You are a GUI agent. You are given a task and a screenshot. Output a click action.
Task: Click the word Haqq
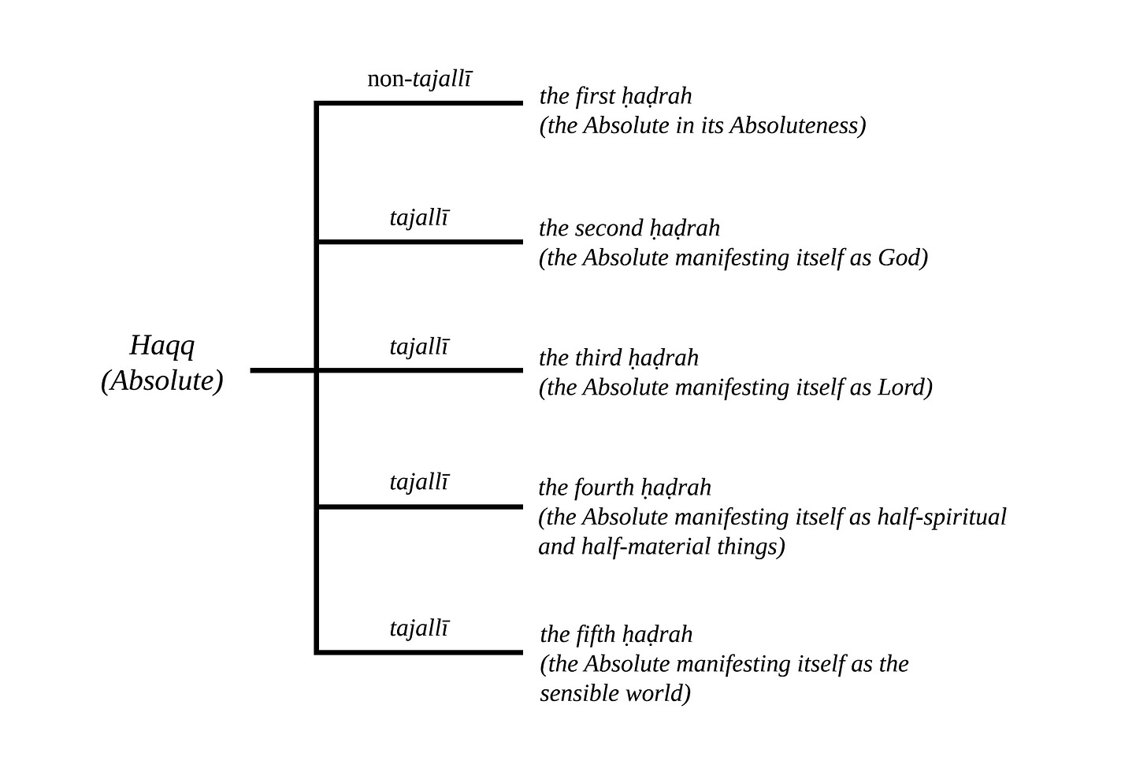click(161, 346)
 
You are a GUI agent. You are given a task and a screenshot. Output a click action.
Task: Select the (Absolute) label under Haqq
click(162, 380)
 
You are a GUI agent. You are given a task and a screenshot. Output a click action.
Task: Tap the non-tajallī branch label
click(420, 79)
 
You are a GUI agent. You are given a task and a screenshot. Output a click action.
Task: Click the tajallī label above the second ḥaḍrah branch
click(419, 217)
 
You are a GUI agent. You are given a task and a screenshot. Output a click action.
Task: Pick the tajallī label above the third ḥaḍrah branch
click(419, 347)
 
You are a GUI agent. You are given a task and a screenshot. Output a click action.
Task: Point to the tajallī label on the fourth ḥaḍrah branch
click(419, 481)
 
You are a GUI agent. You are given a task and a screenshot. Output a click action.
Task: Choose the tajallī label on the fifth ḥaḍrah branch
click(419, 629)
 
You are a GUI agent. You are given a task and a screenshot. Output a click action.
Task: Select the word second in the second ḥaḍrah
click(609, 228)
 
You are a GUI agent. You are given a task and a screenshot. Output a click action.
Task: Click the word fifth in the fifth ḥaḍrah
click(595, 634)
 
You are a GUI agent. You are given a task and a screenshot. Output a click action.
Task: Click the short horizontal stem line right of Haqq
click(283, 369)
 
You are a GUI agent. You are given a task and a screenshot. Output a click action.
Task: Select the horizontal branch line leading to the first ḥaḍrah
click(420, 102)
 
